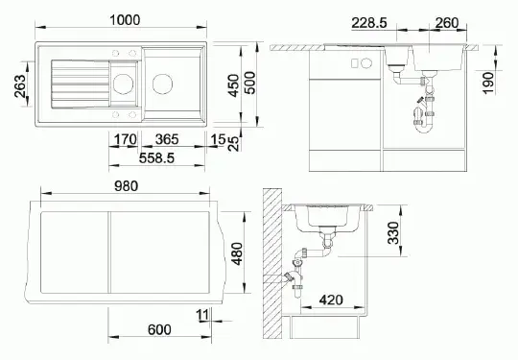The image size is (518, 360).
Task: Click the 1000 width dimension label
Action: pos(125,20)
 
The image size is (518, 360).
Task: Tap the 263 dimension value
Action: pos(20,86)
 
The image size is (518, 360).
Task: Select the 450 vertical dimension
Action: pos(233,85)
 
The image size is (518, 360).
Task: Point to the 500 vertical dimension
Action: pos(250,83)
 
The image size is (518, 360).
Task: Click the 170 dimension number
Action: pos(126,139)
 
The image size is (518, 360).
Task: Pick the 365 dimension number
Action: pos(167,139)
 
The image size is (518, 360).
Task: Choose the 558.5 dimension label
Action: pos(156,158)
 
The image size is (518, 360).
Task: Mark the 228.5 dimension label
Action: pos(369,23)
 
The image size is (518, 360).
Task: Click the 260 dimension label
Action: pos(447,23)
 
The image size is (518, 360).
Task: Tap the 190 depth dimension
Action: pos(488,83)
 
